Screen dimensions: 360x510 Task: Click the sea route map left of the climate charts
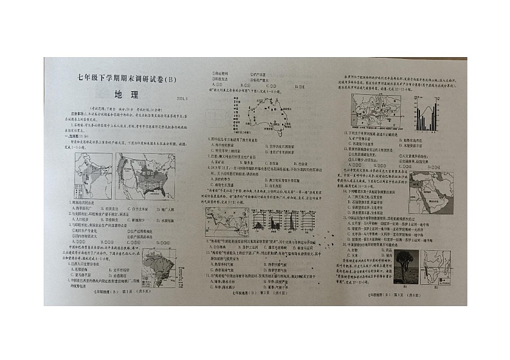click(227, 221)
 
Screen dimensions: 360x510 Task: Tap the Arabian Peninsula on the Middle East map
click(432, 197)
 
